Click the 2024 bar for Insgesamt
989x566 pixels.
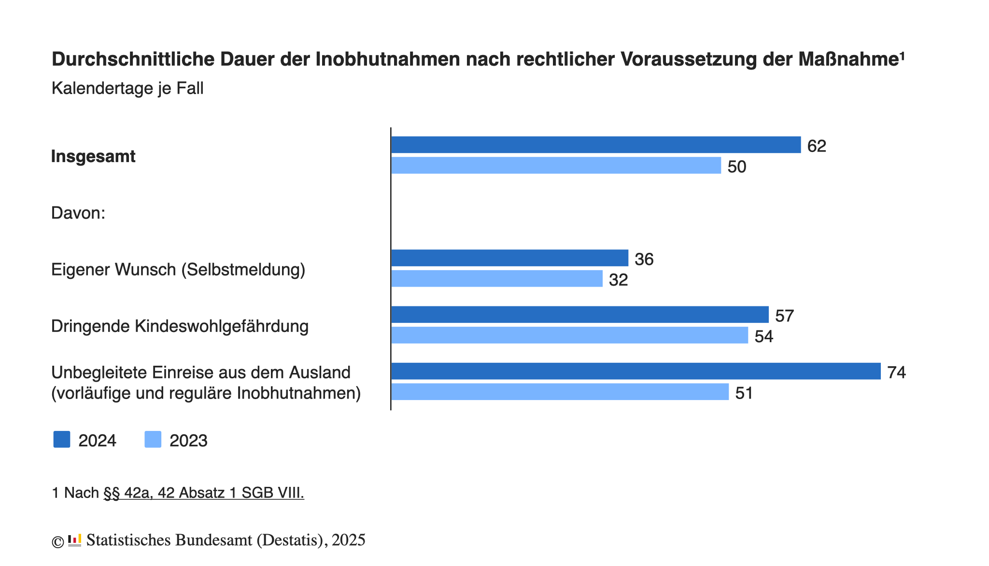click(595, 145)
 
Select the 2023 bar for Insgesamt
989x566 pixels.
click(556, 166)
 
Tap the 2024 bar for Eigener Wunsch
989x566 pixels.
click(509, 258)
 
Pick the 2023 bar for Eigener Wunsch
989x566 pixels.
click(497, 279)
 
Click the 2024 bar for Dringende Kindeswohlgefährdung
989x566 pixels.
click(579, 315)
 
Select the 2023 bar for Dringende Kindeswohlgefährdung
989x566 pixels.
click(569, 335)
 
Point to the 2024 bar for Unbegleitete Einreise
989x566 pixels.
click(636, 371)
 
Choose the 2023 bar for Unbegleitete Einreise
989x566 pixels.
click(560, 392)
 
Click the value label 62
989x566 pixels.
click(817, 146)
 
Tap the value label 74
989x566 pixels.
click(896, 373)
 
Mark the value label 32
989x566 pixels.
click(618, 280)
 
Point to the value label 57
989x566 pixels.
click(784, 316)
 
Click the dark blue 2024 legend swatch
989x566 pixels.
click(62, 440)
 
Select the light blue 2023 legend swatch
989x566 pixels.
click(153, 440)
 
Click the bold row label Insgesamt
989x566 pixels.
click(93, 156)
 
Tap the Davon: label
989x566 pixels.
click(78, 213)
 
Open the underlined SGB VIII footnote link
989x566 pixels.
click(204, 493)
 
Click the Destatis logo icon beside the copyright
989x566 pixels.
click(74, 540)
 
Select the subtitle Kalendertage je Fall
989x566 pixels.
click(127, 88)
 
